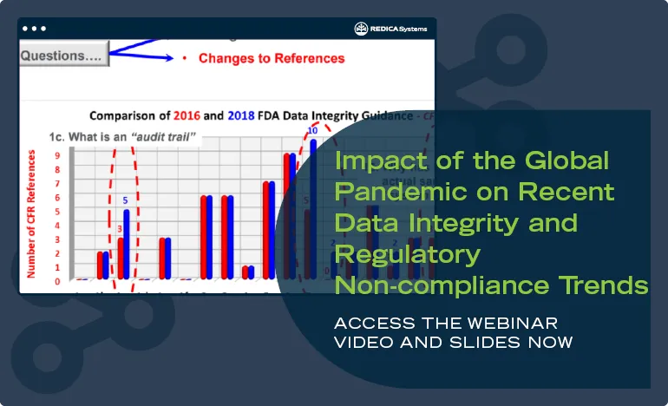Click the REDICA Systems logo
[391, 29]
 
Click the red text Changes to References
[272, 59]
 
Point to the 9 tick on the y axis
[58, 156]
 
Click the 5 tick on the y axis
[58, 212]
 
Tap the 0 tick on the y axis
[58, 281]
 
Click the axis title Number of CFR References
[31, 213]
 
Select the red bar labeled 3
[121, 258]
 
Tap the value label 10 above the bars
[312, 131]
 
